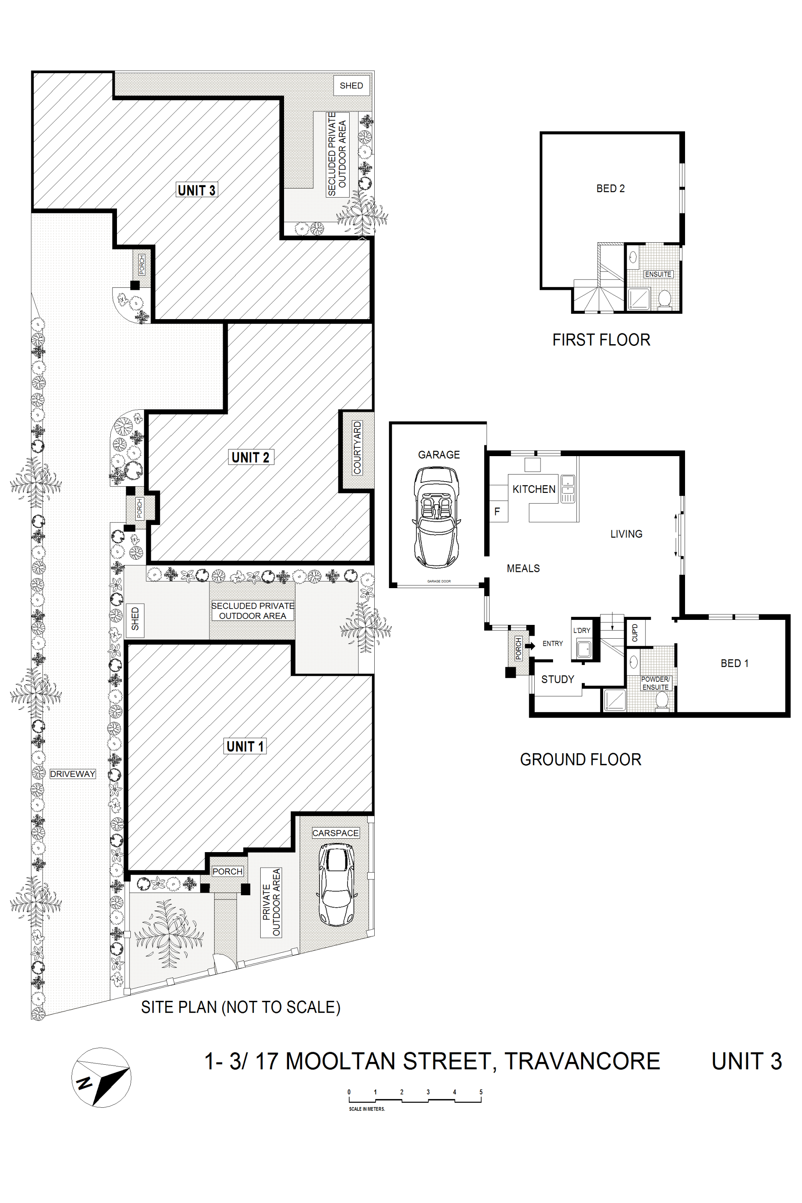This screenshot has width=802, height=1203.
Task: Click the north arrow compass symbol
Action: pos(101,1078)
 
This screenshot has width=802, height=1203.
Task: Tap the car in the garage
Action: pos(436,517)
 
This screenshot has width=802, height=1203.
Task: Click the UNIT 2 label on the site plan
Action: pos(250,457)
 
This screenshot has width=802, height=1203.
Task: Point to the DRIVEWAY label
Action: pos(73,774)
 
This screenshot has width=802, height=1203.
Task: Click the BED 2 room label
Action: pos(610,188)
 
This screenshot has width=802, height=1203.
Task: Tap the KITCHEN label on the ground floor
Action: pos(533,489)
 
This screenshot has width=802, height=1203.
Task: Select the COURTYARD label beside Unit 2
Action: pos(357,447)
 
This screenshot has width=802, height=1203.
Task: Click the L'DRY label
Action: pos(581,630)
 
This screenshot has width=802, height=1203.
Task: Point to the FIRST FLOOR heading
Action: pos(601,340)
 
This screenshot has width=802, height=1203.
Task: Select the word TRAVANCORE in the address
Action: pos(582,1061)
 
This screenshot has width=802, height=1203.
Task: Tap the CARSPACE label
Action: pos(335,833)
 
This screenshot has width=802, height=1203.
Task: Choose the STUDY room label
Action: pos(558,679)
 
